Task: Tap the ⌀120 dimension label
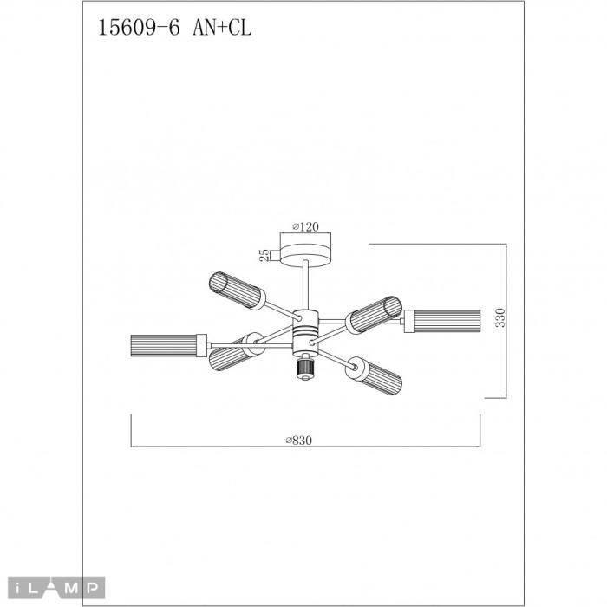304,226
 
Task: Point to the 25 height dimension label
263,254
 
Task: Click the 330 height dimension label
499,319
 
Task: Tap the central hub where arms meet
304,331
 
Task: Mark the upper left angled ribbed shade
232,286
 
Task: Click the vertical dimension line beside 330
506,321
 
